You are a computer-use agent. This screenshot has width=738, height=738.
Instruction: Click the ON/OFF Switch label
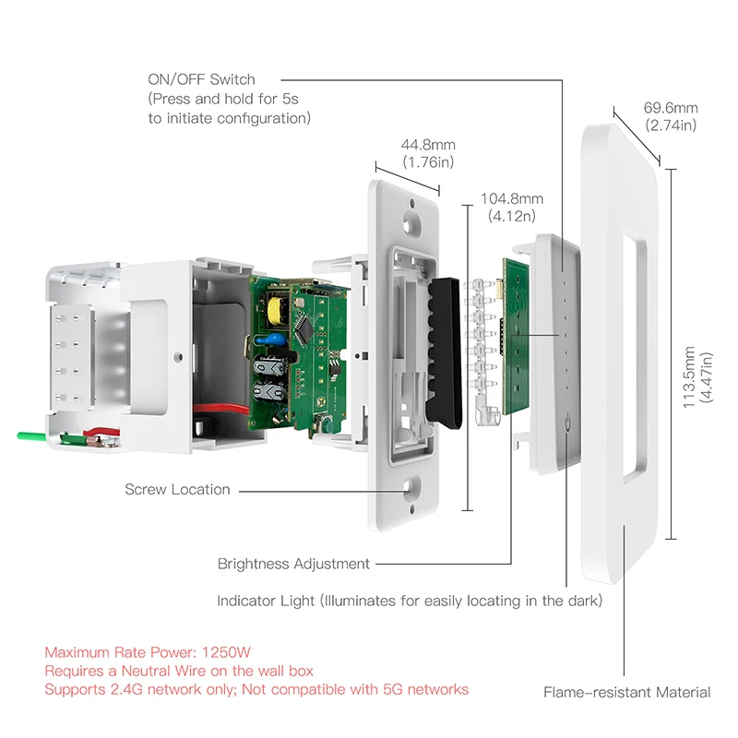click(x=201, y=80)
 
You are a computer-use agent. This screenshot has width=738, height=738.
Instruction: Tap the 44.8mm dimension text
click(x=428, y=145)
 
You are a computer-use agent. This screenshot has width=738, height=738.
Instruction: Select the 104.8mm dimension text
click(x=512, y=198)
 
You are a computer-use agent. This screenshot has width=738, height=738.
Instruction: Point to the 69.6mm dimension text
click(x=671, y=108)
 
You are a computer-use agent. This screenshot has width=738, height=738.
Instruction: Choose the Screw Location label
click(x=177, y=489)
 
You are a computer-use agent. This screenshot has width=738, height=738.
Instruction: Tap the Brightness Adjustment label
click(x=293, y=563)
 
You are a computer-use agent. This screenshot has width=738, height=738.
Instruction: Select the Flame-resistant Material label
click(x=626, y=692)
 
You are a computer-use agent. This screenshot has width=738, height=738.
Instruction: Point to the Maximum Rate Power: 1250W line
click(x=137, y=651)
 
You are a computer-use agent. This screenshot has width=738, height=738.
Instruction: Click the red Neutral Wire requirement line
click(x=179, y=671)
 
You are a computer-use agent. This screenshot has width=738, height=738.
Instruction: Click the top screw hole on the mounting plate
click(x=410, y=222)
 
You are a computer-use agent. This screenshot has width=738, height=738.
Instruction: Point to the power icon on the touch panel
click(x=563, y=425)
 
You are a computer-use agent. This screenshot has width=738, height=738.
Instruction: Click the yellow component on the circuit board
click(x=276, y=304)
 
